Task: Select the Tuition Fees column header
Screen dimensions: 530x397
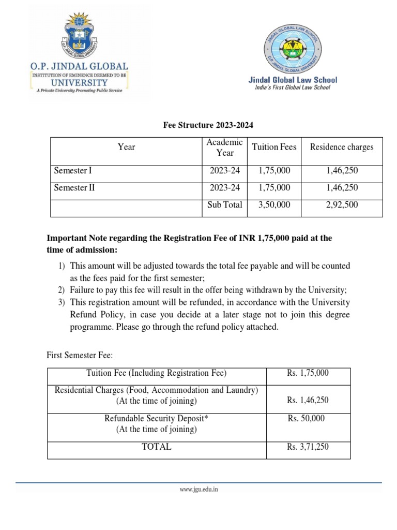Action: pyautogui.click(x=274, y=147)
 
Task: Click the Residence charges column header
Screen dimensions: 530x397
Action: pyautogui.click(x=341, y=147)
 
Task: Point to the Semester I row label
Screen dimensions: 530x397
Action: pyautogui.click(x=73, y=170)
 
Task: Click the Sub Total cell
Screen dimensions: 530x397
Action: pyautogui.click(x=225, y=205)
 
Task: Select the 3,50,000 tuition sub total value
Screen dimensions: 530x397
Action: pyautogui.click(x=274, y=205)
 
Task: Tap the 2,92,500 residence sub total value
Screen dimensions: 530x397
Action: pyautogui.click(x=341, y=205)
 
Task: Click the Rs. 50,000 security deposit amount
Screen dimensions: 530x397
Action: pyautogui.click(x=306, y=418)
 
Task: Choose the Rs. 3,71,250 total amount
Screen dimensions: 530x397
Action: pyautogui.click(x=308, y=447)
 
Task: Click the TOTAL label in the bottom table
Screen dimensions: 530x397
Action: pyautogui.click(x=156, y=447)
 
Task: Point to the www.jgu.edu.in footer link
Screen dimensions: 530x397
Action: pyautogui.click(x=198, y=489)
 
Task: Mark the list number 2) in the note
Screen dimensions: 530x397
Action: pyautogui.click(x=61, y=290)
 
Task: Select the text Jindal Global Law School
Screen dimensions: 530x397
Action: pyautogui.click(x=293, y=80)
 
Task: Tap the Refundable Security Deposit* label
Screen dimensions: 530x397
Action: pyautogui.click(x=156, y=418)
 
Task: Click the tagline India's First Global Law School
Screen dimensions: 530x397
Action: pyautogui.click(x=293, y=87)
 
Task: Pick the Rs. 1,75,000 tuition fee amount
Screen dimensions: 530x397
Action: pyautogui.click(x=308, y=373)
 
